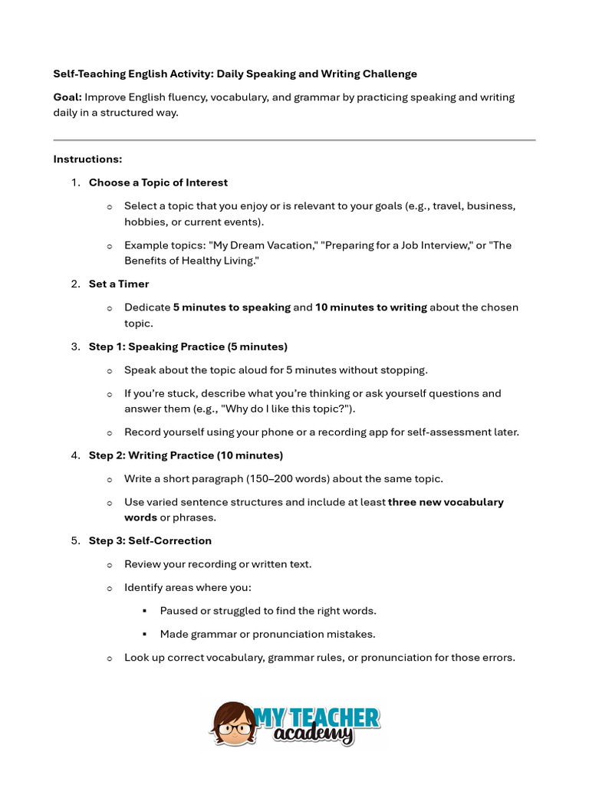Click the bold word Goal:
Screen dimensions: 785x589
(67, 97)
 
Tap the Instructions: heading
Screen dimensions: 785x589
(87, 159)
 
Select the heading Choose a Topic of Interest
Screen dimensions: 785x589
(158, 182)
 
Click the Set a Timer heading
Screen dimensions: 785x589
(119, 284)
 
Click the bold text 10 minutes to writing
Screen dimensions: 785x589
(371, 307)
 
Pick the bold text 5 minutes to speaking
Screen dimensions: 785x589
(232, 307)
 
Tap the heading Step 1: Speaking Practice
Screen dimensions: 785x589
(188, 347)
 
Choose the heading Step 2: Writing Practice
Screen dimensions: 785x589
(186, 455)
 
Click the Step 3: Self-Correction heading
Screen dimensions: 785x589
(150, 540)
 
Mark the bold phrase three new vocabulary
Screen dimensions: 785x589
(446, 502)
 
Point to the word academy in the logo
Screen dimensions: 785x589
(314, 736)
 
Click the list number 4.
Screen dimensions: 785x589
(75, 455)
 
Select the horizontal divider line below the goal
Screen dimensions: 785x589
(294, 140)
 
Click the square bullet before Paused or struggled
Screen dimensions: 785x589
(144, 611)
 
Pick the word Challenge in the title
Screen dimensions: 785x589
(390, 74)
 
